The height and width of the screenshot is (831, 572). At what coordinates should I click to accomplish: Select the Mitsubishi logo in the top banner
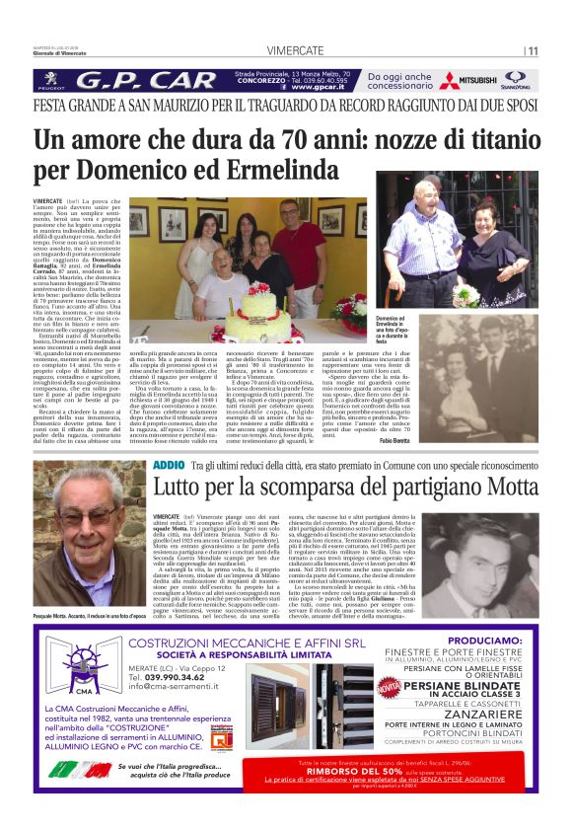468,81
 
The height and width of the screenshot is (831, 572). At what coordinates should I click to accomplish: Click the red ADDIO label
170,463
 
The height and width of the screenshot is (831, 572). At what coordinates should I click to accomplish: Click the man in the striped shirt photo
426,237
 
